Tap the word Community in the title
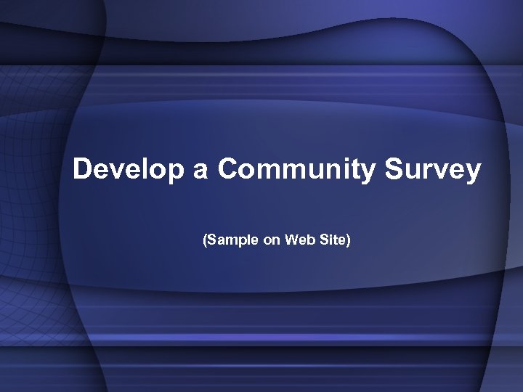pos(296,170)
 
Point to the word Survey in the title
pos(432,170)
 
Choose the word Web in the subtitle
pos(299,239)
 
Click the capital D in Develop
pos(82,170)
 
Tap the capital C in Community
pos(227,170)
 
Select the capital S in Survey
pos(392,170)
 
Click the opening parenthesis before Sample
pos(205,239)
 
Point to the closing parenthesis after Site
pos(349,239)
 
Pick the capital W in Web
pos(291,239)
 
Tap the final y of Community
pos(368,173)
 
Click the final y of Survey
pos(474,173)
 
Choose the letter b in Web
pos(309,239)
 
